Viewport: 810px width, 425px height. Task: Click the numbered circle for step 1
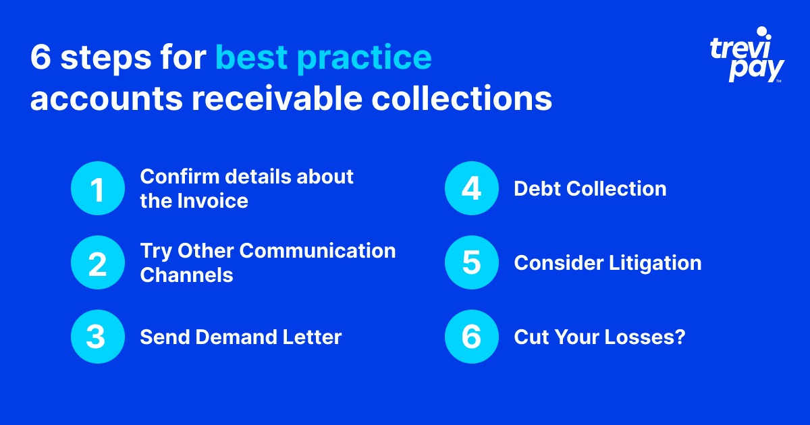tap(98, 188)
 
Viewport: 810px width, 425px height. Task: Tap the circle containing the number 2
tap(98, 262)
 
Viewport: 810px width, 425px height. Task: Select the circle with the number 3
tap(98, 337)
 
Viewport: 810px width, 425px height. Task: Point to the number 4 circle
tap(471, 188)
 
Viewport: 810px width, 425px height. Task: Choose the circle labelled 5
tap(471, 262)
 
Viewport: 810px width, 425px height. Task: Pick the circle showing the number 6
tap(471, 337)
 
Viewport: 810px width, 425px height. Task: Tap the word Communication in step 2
tap(318, 250)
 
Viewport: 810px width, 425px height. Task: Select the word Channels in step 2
tap(186, 275)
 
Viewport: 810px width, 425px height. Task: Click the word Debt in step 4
tap(537, 189)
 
